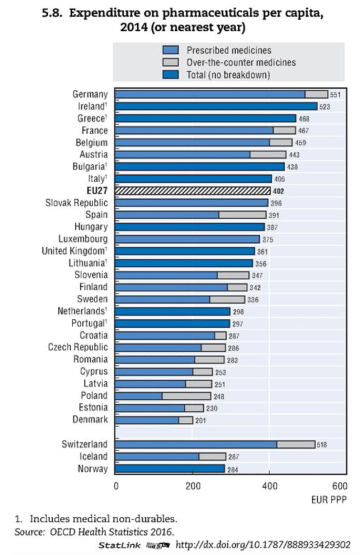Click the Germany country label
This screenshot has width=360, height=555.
[90, 95]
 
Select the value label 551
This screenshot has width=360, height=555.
[336, 95]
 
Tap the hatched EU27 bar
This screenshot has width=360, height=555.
[192, 191]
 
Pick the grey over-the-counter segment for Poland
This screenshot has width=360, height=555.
[186, 396]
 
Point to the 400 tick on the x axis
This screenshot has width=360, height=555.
[270, 487]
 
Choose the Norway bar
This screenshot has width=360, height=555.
[169, 469]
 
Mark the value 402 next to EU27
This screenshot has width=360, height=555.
[280, 191]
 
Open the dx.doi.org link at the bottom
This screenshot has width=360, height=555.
[262, 545]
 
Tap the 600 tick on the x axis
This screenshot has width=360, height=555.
[339, 487]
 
